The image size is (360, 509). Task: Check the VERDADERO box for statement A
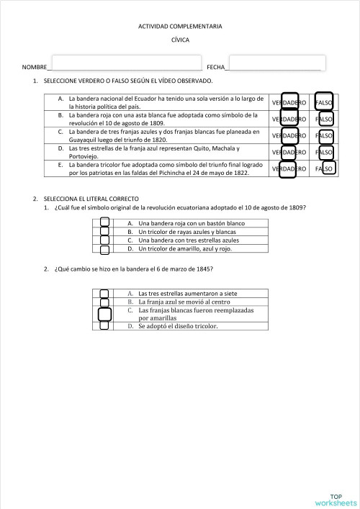pos(289,103)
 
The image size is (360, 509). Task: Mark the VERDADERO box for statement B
pos(289,119)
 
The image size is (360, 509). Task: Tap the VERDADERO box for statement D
pos(289,152)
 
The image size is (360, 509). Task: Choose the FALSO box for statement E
pos(328,168)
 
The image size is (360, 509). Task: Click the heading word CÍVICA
pos(180,40)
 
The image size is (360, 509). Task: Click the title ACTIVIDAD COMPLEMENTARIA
pos(180,27)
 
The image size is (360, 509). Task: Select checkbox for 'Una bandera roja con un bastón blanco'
pos(104,223)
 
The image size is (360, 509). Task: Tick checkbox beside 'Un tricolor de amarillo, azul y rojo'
pos(104,249)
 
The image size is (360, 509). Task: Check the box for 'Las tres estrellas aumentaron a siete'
pos(104,294)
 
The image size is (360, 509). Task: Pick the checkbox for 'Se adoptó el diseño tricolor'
pos(104,325)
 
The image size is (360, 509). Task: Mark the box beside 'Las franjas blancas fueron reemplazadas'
pos(104,314)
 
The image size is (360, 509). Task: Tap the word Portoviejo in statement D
pos(86,156)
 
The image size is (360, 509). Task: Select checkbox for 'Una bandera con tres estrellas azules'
pos(104,240)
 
